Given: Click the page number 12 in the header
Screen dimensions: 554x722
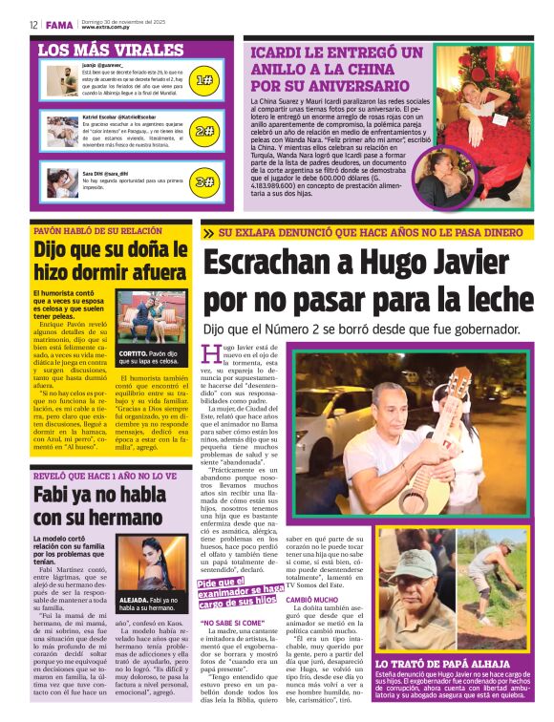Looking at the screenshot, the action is pyautogui.click(x=33, y=25).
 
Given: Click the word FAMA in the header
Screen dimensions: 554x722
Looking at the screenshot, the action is pyautogui.click(x=57, y=25).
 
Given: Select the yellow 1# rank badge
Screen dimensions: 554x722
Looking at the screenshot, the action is pyautogui.click(x=203, y=81).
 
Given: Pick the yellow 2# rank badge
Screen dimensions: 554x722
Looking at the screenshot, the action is pyautogui.click(x=203, y=131).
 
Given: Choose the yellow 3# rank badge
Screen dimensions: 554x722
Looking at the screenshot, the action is pyautogui.click(x=203, y=180).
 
